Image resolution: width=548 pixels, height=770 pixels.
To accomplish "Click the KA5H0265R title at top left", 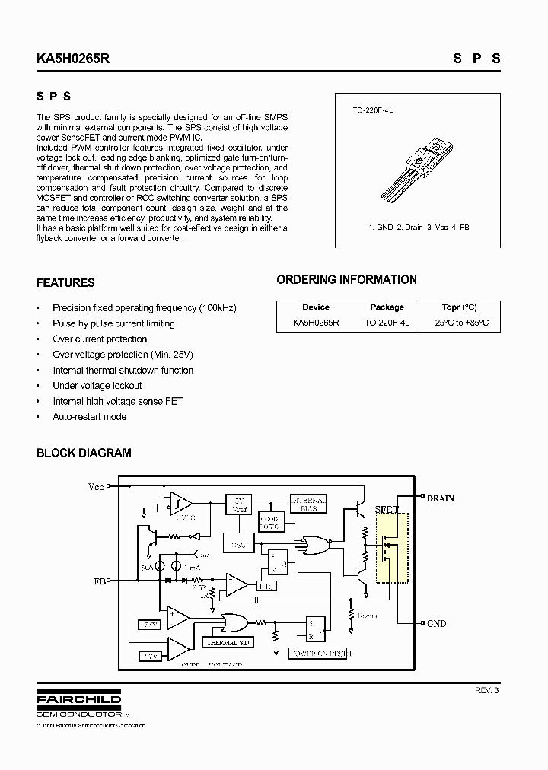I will click(73, 58).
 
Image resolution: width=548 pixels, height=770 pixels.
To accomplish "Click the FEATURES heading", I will click(65, 283).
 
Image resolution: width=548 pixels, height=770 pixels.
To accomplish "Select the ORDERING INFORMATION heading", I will click(346, 280).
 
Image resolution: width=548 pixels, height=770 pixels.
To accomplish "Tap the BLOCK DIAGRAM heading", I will click(84, 453).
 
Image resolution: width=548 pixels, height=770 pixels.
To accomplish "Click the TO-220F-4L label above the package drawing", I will click(372, 110).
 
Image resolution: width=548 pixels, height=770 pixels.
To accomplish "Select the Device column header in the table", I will click(315, 307).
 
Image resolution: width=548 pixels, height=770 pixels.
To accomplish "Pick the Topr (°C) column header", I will click(459, 307).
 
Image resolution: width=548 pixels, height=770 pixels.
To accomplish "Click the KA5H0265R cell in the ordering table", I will click(315, 323).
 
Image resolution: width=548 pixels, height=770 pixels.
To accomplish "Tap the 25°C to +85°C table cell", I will click(461, 323).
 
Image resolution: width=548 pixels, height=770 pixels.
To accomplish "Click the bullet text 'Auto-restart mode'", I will click(89, 417).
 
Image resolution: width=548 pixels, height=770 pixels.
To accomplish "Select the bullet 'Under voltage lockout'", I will click(97, 386).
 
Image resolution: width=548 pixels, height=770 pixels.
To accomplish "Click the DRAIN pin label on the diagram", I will click(440, 498).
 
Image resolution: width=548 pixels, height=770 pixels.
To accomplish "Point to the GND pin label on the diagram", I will click(436, 624).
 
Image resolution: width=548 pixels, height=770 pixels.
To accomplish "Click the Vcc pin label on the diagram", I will click(96, 486).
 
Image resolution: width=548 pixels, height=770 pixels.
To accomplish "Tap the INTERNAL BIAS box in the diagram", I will click(308, 504).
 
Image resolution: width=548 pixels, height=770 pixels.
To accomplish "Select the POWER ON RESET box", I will click(320, 654).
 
